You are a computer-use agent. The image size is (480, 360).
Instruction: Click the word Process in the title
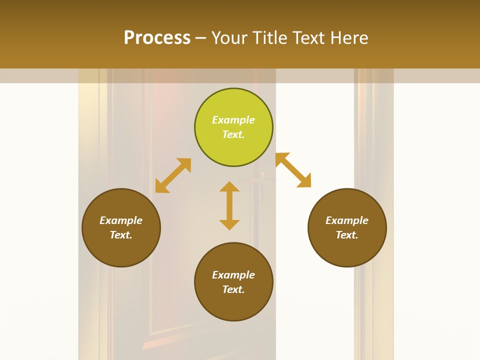157,38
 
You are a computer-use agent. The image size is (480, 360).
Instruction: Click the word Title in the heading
268,38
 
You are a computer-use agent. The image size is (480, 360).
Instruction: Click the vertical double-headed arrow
229,205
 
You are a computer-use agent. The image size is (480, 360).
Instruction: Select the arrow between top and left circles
173,175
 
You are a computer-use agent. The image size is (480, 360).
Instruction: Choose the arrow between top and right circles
293,170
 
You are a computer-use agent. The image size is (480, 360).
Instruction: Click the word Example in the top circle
233,120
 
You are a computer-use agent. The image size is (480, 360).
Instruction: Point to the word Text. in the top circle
233,134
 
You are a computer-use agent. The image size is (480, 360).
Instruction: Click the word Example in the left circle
121,220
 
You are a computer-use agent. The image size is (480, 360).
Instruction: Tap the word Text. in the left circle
121,235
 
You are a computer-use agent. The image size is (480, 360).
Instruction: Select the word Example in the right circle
347,220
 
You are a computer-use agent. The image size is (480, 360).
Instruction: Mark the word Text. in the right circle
347,235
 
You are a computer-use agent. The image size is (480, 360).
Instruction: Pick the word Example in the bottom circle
233,275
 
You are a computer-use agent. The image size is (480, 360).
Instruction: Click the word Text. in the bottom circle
233,289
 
